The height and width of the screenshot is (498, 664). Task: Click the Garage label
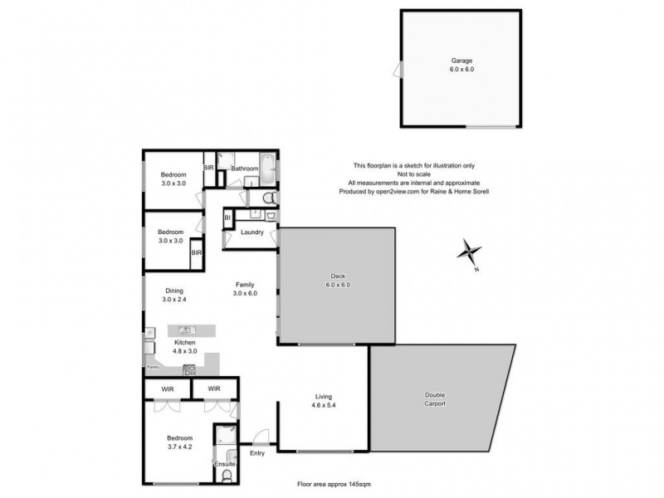(x=461, y=61)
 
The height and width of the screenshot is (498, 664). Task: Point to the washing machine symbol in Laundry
(x=271, y=215)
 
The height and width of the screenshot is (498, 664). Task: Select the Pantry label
(x=153, y=366)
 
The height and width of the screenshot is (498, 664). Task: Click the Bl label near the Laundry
(x=227, y=217)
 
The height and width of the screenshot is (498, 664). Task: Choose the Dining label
(x=173, y=290)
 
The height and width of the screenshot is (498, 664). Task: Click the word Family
(x=244, y=284)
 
